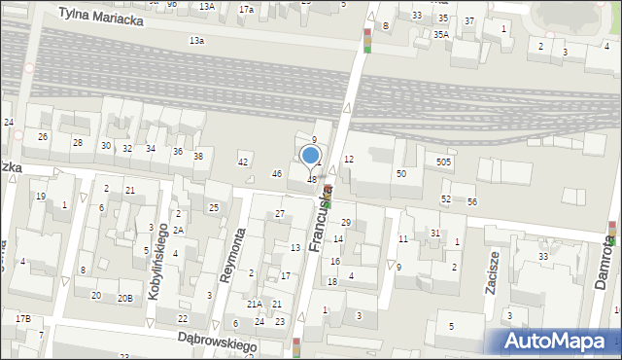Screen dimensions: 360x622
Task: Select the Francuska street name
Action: [x=322, y=219]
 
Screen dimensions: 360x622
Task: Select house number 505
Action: [x=443, y=162]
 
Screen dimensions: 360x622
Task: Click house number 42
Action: [x=243, y=162]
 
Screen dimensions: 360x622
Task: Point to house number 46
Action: [x=277, y=173]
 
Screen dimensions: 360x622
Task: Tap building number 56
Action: [x=472, y=201]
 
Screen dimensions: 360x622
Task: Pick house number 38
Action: [x=198, y=156]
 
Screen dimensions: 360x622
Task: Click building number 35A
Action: [x=441, y=34]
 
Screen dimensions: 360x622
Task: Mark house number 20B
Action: [x=125, y=298]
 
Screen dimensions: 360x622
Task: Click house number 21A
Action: [x=254, y=305]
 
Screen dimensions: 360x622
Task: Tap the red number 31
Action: [x=435, y=233]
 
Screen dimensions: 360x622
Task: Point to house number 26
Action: [x=43, y=136]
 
